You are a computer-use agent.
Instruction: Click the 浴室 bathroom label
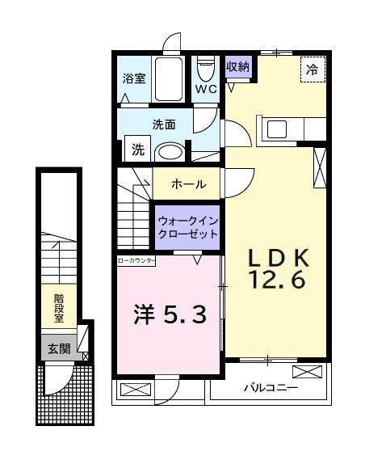coord(133,79)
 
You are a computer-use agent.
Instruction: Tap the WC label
coord(204,89)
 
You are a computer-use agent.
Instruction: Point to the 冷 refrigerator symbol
coord(312,69)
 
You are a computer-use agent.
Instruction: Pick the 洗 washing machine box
coord(137,150)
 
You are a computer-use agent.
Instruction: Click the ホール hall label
coord(188,184)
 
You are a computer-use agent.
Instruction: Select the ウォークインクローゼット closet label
coord(188,226)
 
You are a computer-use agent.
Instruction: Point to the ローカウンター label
coord(136,261)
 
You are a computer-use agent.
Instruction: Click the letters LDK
coord(278,258)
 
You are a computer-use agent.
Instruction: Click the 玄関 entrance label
coord(58,349)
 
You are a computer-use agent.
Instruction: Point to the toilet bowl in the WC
coord(204,66)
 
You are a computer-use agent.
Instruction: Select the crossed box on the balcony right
coord(308,373)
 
